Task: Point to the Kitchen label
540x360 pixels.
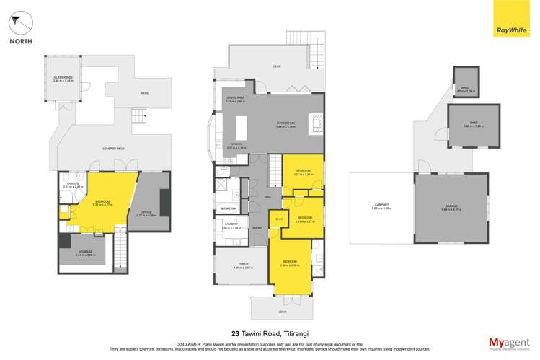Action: pos(236,146)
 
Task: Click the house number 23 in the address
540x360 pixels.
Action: pos(235,333)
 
